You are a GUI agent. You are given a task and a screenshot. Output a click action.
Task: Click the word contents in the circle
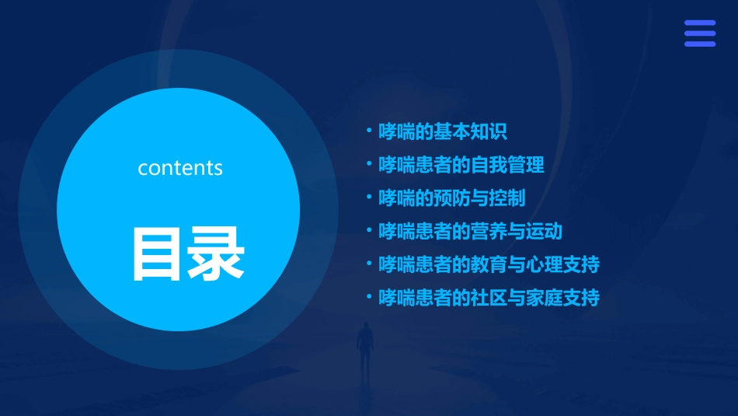(x=180, y=168)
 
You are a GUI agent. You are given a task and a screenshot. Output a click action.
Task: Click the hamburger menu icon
(x=699, y=33)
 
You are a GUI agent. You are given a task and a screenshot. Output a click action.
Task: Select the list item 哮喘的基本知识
(x=442, y=131)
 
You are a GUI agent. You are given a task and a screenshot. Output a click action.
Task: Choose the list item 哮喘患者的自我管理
(x=461, y=165)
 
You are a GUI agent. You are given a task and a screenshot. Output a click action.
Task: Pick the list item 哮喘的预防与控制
(x=451, y=198)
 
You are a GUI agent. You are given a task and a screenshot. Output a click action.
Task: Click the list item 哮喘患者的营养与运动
(x=470, y=231)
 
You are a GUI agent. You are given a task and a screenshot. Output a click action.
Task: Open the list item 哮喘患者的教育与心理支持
(x=489, y=264)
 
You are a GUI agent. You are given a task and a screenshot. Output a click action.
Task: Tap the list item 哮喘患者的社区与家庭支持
(x=489, y=297)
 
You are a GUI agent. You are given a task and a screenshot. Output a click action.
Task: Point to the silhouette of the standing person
(x=364, y=350)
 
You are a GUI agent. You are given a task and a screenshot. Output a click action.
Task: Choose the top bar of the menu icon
(x=699, y=23)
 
